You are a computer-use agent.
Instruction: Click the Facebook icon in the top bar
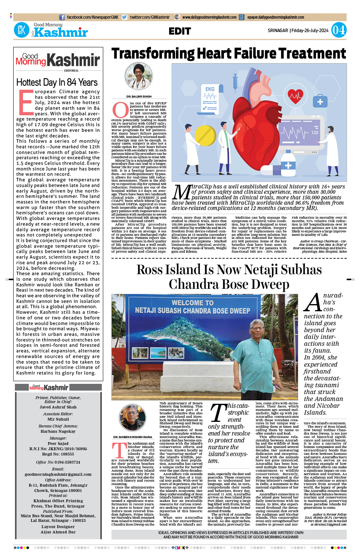tap(62, 17)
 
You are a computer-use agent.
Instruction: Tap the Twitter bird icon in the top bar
tap(125, 17)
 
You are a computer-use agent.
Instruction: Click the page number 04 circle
tap(338, 30)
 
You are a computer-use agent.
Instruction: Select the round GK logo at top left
tap(21, 30)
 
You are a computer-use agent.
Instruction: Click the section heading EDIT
tap(180, 31)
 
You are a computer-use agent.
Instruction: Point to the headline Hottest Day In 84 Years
tap(57, 83)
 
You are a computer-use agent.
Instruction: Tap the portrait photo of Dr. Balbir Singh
tap(139, 77)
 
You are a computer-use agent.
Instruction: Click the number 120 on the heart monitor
tap(315, 132)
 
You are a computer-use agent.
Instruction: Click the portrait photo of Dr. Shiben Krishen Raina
tap(133, 418)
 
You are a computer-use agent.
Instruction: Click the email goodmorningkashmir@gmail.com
tap(58, 474)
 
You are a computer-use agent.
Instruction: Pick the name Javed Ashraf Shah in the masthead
tap(58, 407)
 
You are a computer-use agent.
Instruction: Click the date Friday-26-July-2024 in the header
tap(310, 31)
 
